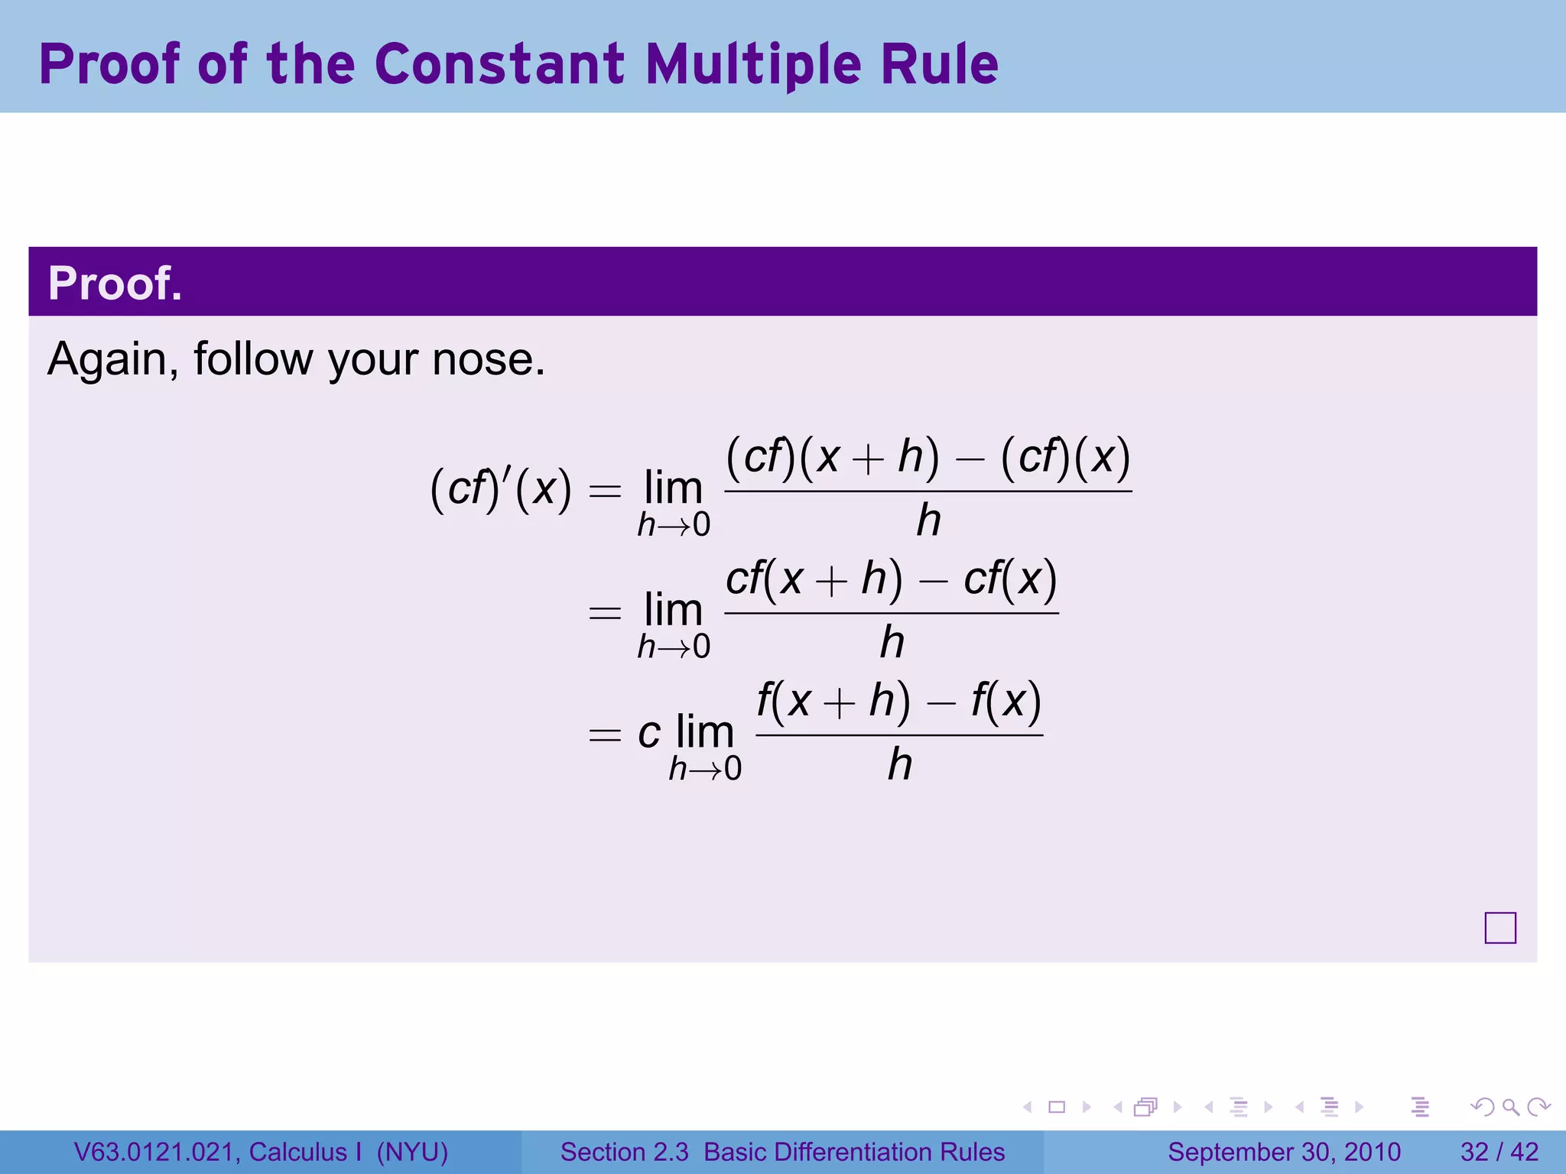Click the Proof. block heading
tap(115, 284)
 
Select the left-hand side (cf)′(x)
tap(501, 488)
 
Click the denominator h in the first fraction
tap(928, 521)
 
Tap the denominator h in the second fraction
tap(892, 643)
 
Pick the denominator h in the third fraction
tap(900, 764)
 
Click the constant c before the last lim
tap(649, 733)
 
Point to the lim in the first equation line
tap(673, 488)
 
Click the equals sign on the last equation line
tap(604, 735)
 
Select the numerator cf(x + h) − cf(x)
tap(891, 579)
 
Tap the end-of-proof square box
tap(1499, 928)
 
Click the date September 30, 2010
tap(1284, 1152)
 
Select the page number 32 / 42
tap(1499, 1152)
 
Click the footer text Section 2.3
tap(624, 1152)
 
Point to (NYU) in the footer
tap(412, 1152)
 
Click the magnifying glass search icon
tap(1510, 1107)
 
